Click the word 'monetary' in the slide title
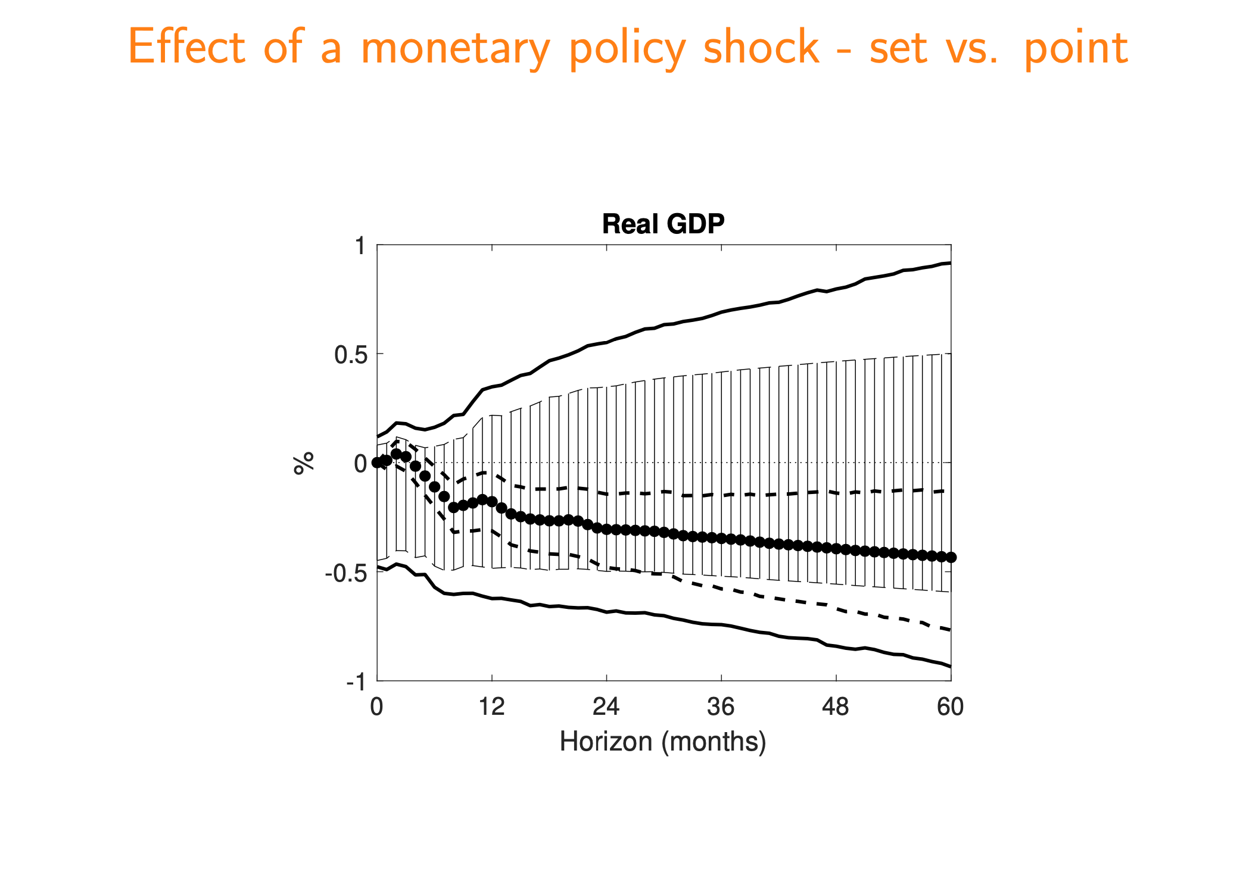point(455,48)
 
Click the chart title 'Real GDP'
point(663,224)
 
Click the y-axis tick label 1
point(360,245)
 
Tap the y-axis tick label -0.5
point(345,573)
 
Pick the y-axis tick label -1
point(356,682)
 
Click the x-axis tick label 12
point(491,707)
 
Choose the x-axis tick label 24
point(606,707)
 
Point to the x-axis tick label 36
point(721,707)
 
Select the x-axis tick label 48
point(835,707)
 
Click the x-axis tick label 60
point(950,707)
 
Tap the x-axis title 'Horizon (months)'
point(662,742)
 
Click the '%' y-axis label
point(304,463)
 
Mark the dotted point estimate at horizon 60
point(951,557)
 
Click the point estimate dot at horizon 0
point(377,462)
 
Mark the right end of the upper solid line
point(950,262)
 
